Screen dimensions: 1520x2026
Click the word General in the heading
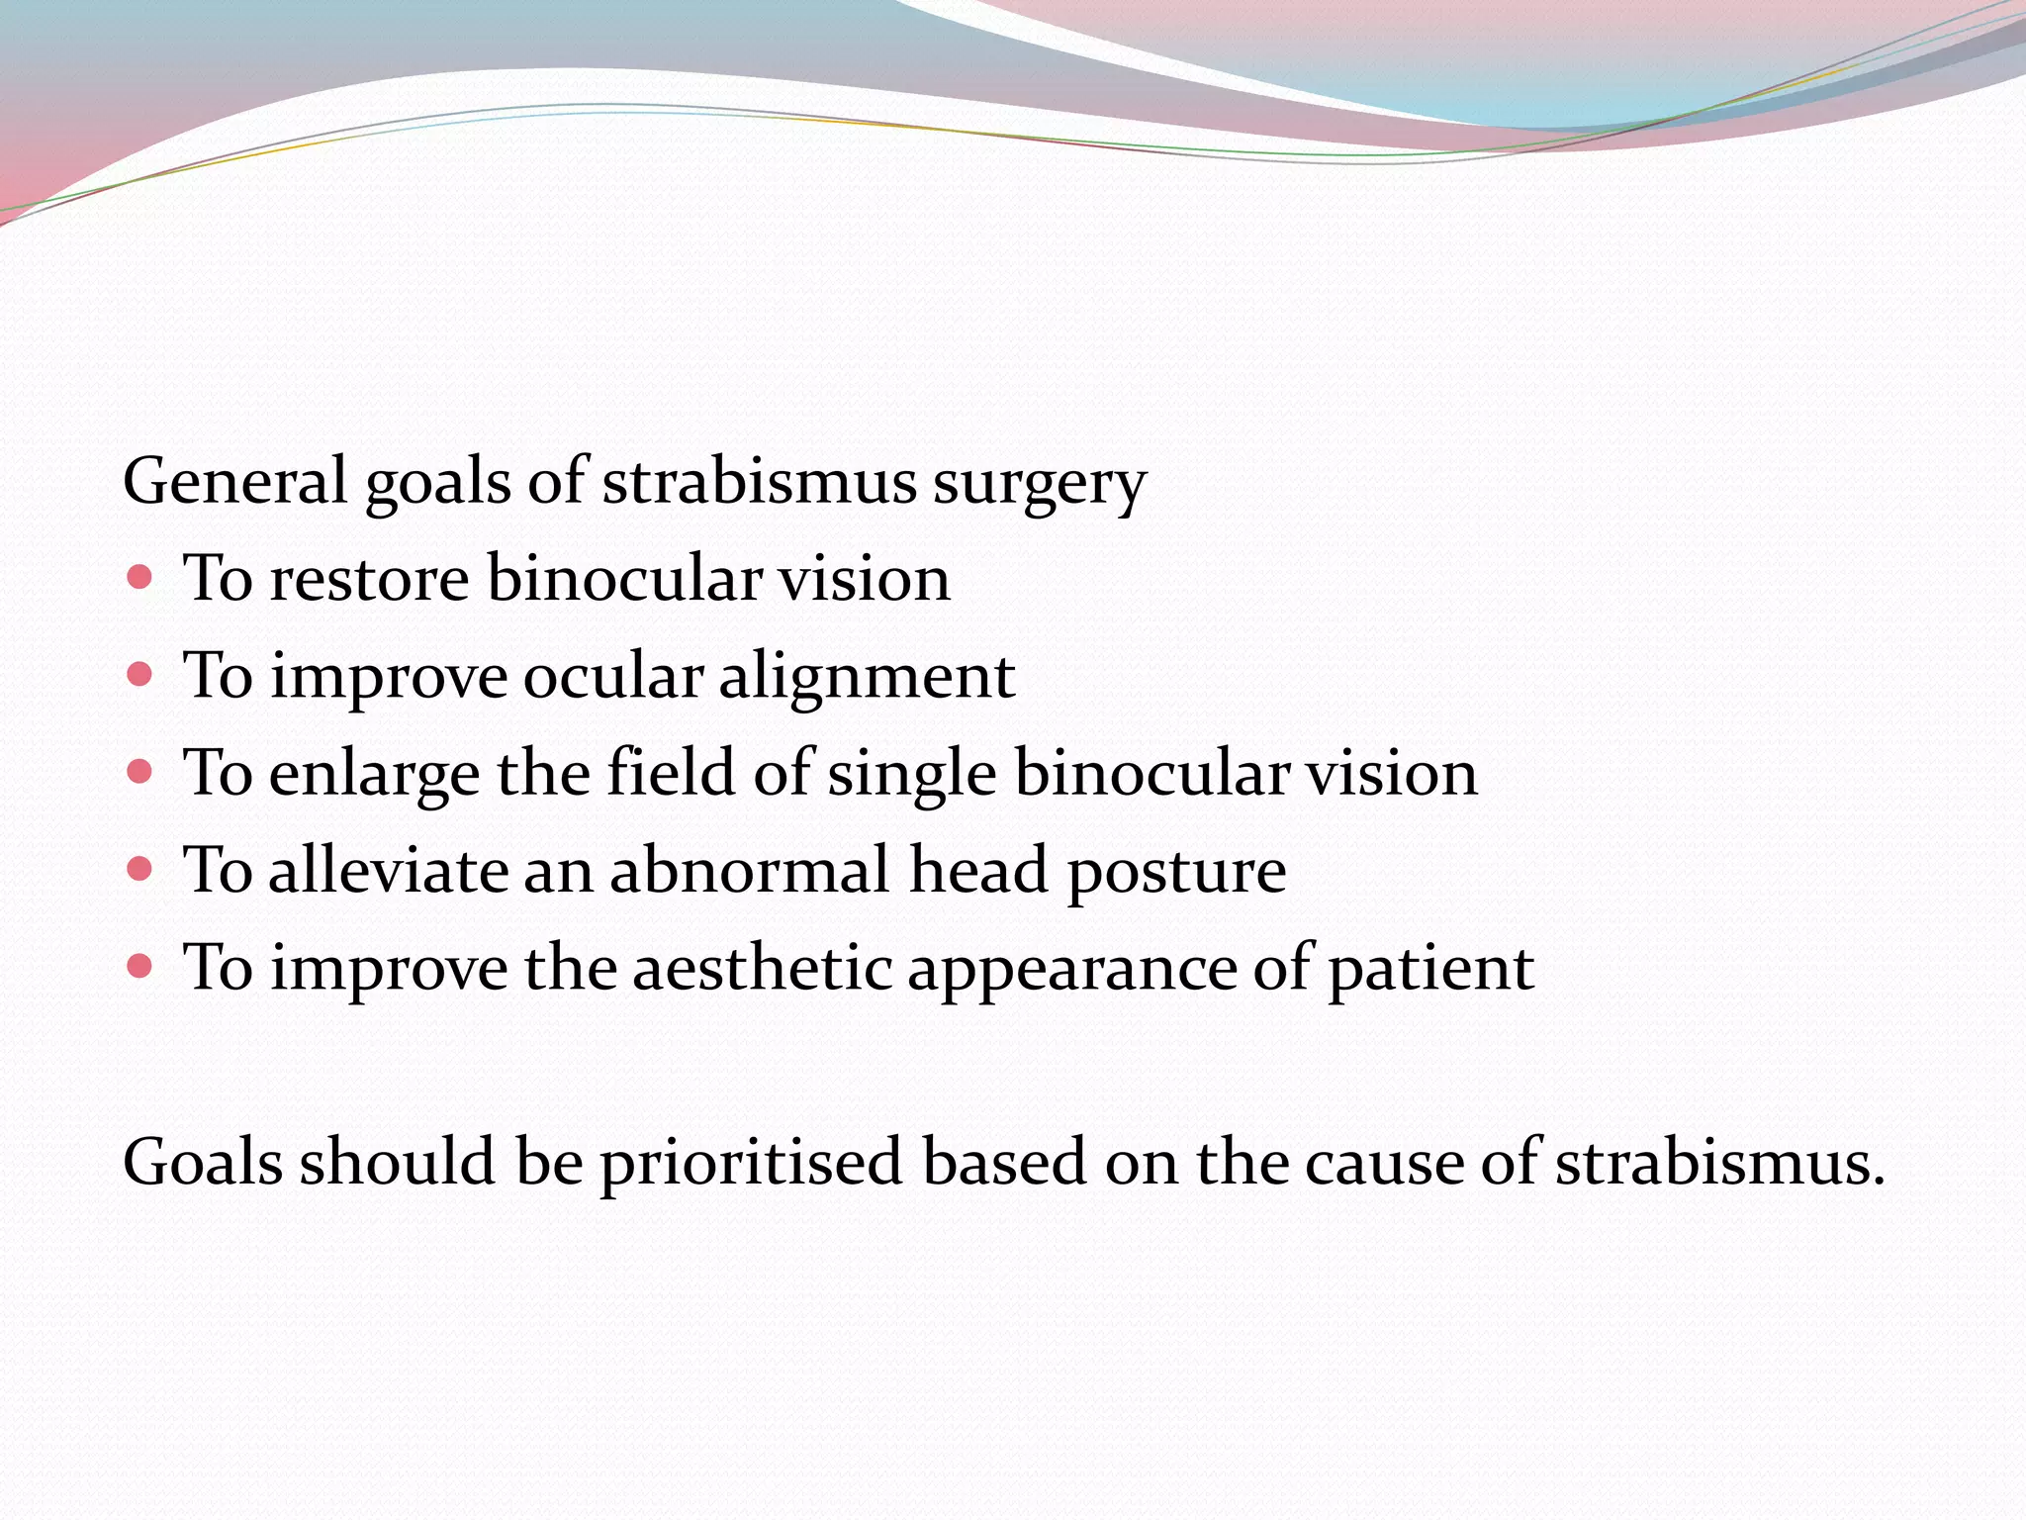pos(234,482)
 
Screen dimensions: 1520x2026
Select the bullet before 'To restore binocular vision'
pos(140,577)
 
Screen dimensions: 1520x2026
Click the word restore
pos(369,579)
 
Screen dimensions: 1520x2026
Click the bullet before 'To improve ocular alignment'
pos(140,675)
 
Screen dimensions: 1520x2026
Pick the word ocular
pos(611,677)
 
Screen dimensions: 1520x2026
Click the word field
pos(671,772)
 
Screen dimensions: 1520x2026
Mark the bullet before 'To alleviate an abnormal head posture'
pos(140,869)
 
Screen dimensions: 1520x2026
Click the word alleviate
pos(387,871)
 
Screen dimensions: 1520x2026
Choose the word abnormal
pos(749,871)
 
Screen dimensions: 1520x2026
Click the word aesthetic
pos(762,968)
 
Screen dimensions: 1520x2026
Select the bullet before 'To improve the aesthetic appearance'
pos(140,965)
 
